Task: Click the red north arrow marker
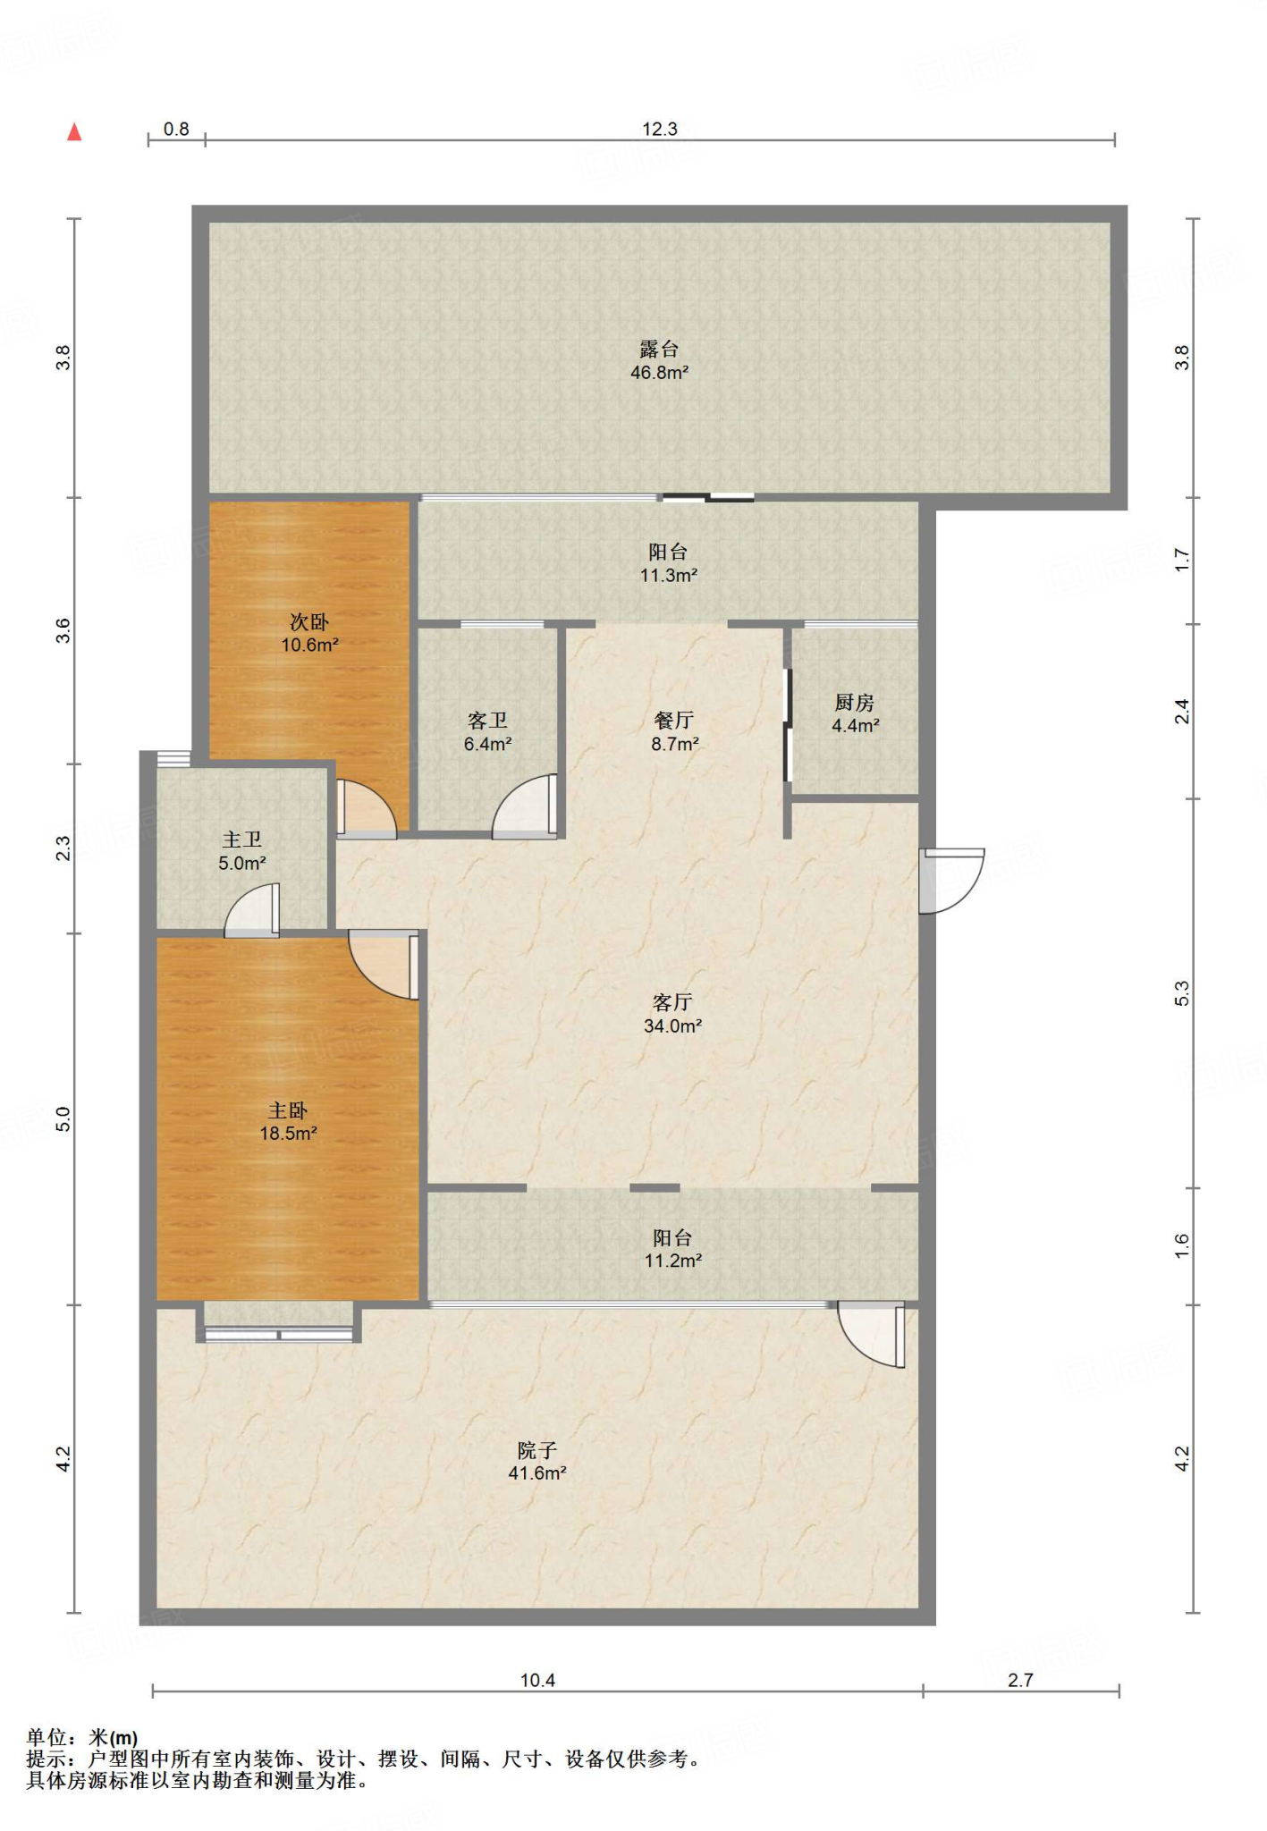(x=75, y=131)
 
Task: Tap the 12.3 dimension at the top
(x=660, y=129)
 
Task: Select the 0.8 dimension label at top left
(x=176, y=129)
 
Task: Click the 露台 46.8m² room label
(x=660, y=360)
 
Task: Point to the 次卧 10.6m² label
(x=309, y=633)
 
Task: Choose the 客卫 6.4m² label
(x=488, y=731)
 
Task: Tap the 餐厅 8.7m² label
(x=675, y=731)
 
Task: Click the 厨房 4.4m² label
(x=856, y=713)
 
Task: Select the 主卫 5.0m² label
(x=242, y=851)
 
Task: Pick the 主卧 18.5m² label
(x=288, y=1121)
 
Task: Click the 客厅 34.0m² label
(x=673, y=1014)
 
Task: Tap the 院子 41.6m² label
(x=537, y=1461)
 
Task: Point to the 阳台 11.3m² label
(x=669, y=563)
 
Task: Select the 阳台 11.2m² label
(x=673, y=1249)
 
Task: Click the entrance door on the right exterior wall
(x=951, y=881)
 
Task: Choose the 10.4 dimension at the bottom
(x=537, y=1680)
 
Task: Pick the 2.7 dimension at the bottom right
(x=1020, y=1680)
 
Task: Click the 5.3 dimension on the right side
(x=1182, y=993)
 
